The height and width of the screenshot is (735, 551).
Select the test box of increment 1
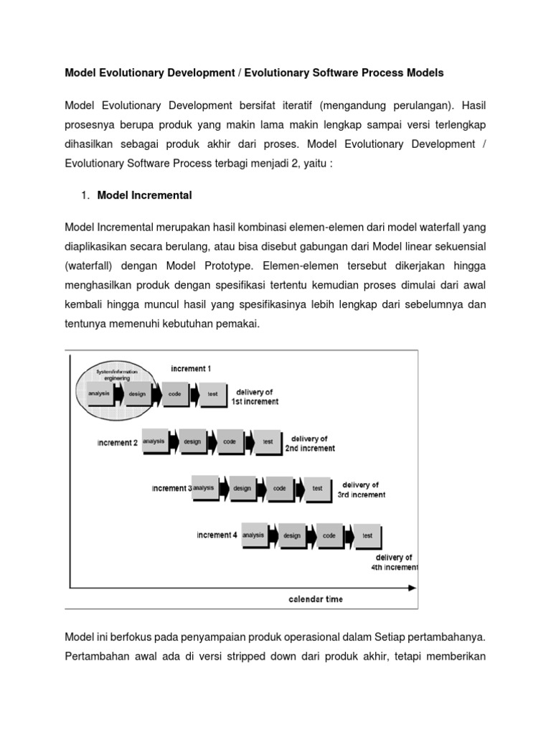[212, 394]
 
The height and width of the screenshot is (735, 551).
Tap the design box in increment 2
[192, 442]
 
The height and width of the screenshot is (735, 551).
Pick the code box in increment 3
[279, 488]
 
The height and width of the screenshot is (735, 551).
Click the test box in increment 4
[367, 535]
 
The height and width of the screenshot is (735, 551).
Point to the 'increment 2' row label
[117, 443]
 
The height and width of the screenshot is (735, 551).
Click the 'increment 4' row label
[217, 535]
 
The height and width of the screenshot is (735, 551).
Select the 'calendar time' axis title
[316, 599]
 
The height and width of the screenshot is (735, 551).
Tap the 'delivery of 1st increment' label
[254, 396]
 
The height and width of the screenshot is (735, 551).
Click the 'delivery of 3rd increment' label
[361, 490]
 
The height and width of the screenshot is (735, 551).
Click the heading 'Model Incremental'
[144, 195]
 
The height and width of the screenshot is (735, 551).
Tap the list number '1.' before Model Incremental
[85, 195]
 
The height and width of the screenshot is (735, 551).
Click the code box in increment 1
[174, 394]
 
